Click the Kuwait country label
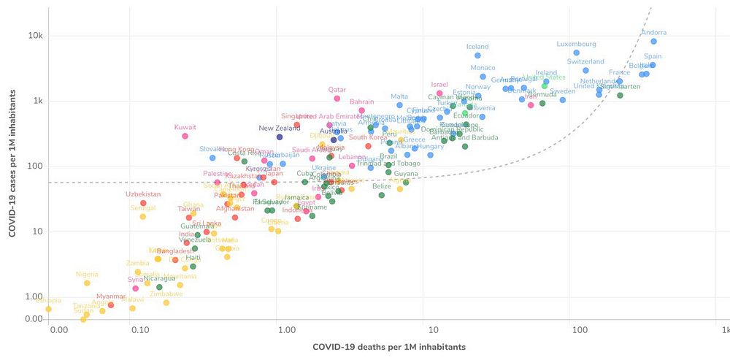pos(185,127)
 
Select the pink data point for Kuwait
pos(185,136)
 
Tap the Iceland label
pos(477,47)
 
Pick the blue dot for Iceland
pos(477,55)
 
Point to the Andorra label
pos(653,32)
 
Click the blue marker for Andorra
pos(653,41)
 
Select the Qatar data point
pos(337,99)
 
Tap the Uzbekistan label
pos(143,194)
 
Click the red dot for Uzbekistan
pos(143,203)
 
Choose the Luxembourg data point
pos(577,53)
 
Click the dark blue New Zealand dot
pos(279,137)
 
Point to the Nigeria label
pos(87,275)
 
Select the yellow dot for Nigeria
pos(87,283)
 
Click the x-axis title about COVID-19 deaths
pos(388,347)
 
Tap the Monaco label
pos(483,68)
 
